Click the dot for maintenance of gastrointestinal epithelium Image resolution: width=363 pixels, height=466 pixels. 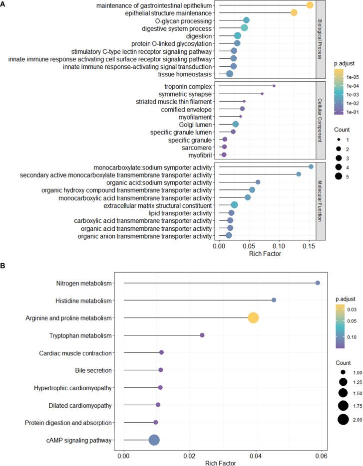point(310,5)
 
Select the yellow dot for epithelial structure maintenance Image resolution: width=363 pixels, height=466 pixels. point(294,12)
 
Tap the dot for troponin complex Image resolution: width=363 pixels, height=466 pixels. point(274,86)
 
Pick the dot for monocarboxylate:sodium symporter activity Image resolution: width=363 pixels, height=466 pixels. point(311,166)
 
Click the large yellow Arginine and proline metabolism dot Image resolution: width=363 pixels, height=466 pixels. point(253,317)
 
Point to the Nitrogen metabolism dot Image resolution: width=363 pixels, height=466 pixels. point(318,283)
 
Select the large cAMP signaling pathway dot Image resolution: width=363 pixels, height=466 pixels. point(154,426)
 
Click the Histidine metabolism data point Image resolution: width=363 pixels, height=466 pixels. point(274,300)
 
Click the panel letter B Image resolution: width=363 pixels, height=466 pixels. point(3,267)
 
